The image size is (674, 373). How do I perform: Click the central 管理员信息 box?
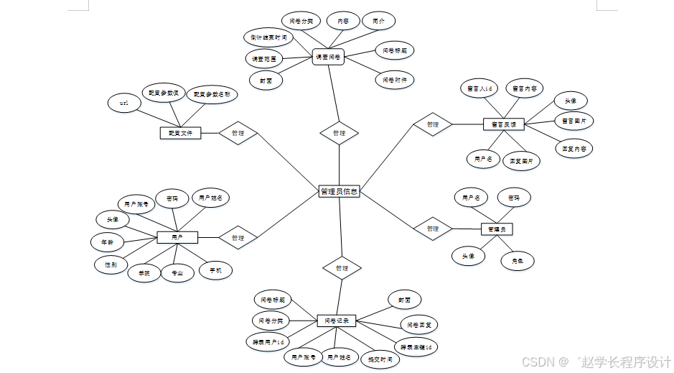[339, 192]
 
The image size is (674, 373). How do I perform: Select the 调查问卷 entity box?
[329, 57]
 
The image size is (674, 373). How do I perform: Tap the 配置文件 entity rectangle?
[179, 133]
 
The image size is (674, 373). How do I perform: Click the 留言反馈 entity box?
[504, 124]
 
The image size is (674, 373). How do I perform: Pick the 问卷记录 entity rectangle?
[337, 321]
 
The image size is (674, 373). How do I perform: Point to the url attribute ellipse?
[124, 103]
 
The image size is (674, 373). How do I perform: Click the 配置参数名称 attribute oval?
[212, 94]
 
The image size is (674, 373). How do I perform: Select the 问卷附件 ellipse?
[395, 80]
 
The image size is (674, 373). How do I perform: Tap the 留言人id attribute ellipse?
[478, 88]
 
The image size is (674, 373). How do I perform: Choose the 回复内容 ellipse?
[574, 149]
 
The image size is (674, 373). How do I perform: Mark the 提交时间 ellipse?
[380, 359]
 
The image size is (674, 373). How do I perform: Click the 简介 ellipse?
[378, 22]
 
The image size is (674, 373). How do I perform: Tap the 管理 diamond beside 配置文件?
[238, 133]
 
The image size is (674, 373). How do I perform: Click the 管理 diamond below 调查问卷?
[339, 133]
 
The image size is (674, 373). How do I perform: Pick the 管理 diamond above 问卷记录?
[342, 268]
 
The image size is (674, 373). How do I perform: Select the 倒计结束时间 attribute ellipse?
[269, 37]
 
